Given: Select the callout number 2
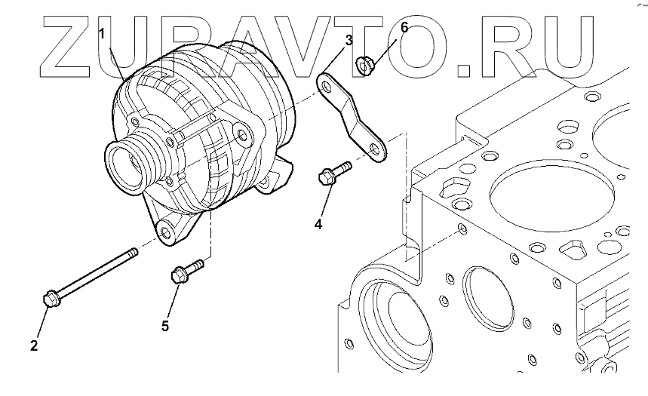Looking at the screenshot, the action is coord(33,346).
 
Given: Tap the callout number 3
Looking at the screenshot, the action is coord(349,40).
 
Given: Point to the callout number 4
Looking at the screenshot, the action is coord(318,224).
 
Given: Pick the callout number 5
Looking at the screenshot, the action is coord(164,325).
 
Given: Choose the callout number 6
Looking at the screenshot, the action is coord(404,28).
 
